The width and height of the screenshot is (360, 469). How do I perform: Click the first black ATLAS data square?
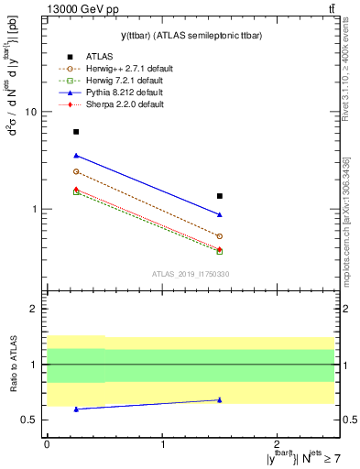(x=76, y=132)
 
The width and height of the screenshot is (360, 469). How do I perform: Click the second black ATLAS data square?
(x=219, y=196)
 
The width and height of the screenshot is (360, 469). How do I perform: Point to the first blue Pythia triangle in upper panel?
(x=76, y=156)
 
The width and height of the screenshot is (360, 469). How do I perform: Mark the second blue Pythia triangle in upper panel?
(x=219, y=214)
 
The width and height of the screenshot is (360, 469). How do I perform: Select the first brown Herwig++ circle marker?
(x=76, y=171)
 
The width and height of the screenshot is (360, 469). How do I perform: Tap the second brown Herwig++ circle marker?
(x=219, y=236)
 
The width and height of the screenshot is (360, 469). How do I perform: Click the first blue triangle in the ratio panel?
(x=76, y=409)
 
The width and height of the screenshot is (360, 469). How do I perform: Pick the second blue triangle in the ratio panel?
(x=219, y=399)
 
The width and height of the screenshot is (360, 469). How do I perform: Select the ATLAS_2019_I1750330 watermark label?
(x=191, y=274)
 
